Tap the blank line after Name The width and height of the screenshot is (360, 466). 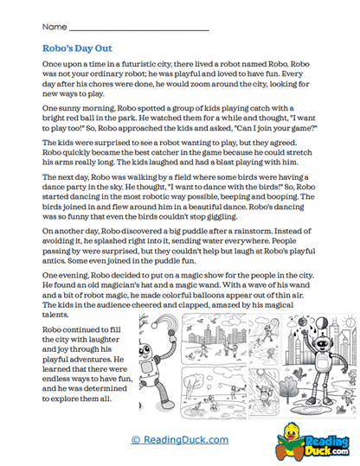point(138,30)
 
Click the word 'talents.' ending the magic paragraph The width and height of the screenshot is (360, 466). point(59,316)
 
